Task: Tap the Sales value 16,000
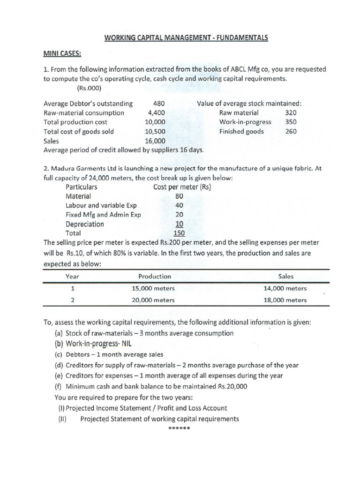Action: (x=155, y=141)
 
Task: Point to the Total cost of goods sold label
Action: (x=78, y=132)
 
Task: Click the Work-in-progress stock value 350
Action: (x=291, y=122)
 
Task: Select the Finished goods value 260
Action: (x=291, y=132)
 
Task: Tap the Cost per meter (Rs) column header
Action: (x=182, y=187)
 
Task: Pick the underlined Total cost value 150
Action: (x=179, y=233)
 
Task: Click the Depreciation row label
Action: (x=85, y=224)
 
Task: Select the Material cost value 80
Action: (x=179, y=196)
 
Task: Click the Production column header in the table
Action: (x=155, y=277)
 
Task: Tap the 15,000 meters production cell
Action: (x=153, y=289)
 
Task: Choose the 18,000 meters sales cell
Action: (x=285, y=300)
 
